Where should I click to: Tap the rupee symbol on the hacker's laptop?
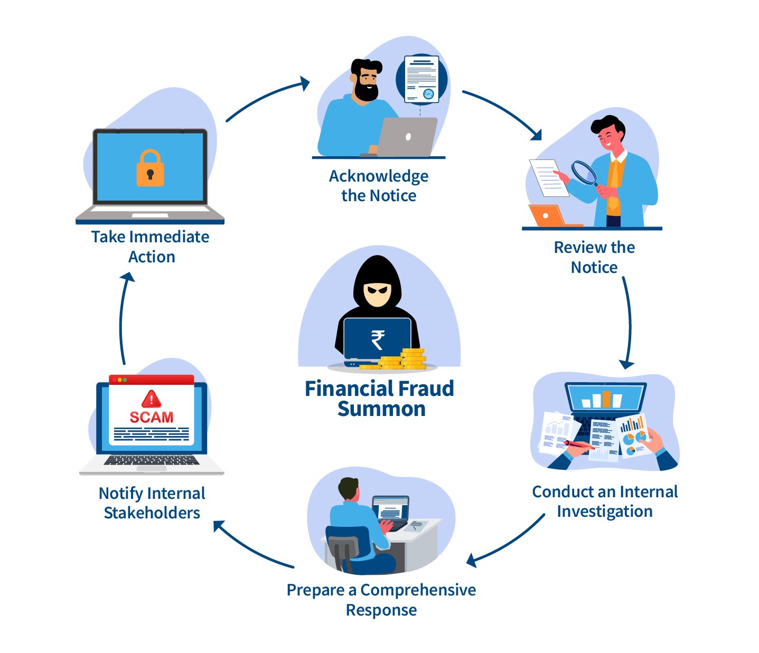[378, 340]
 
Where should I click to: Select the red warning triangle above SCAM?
[152, 399]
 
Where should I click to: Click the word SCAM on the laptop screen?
[152, 418]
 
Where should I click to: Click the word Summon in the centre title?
[381, 409]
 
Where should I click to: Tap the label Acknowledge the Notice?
[379, 185]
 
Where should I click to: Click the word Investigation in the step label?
[605, 512]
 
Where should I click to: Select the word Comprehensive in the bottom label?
[418, 590]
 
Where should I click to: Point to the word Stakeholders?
[152, 513]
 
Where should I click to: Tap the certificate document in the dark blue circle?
[421, 79]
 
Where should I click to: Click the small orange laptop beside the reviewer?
[547, 215]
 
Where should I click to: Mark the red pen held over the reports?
[579, 444]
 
